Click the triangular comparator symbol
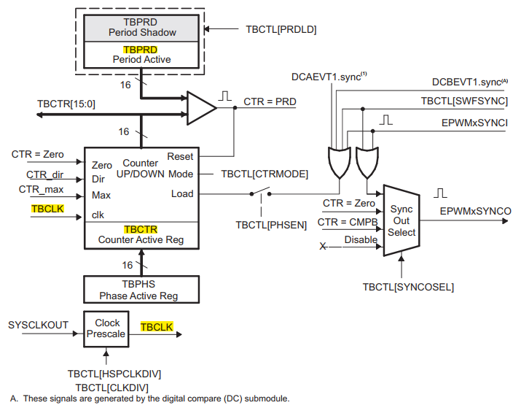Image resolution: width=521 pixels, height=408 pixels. point(201,107)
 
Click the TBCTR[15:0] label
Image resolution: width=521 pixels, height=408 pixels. point(66,104)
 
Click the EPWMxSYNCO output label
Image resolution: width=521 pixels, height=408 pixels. point(476,211)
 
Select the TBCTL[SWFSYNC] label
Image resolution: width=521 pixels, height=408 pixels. point(464,101)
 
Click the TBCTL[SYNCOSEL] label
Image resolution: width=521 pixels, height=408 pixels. point(408,287)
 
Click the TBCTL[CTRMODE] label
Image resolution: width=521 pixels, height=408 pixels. point(265,174)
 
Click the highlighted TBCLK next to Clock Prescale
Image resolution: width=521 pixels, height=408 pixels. point(157,328)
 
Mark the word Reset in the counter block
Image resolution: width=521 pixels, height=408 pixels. point(180,157)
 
